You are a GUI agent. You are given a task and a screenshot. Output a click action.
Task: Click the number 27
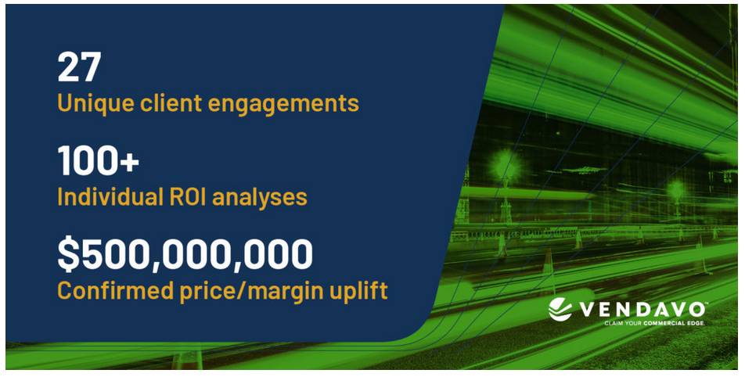(79, 66)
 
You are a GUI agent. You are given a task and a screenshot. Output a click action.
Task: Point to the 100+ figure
(99, 160)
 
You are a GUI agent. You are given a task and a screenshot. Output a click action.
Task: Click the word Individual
(107, 196)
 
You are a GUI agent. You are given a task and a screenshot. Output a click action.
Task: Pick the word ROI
(185, 196)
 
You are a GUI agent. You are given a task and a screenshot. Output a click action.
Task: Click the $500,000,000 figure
(185, 254)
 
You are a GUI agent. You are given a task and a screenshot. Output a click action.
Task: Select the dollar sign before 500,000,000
(68, 254)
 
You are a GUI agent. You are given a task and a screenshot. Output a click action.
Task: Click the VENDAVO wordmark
(642, 310)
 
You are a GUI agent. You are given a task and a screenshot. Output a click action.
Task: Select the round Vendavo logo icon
(560, 310)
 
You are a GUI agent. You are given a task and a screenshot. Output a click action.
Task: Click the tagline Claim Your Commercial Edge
(655, 323)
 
